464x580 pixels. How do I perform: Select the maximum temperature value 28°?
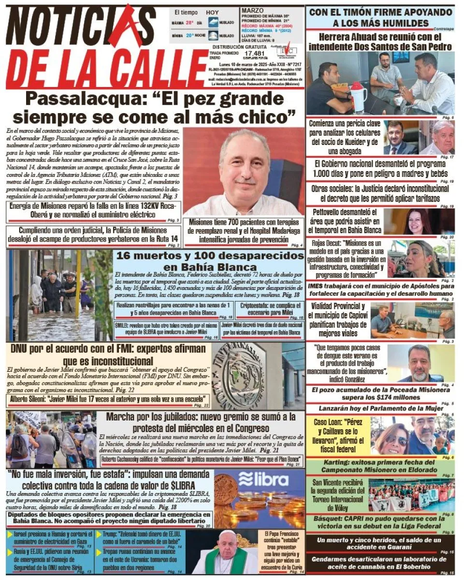[x=189, y=22]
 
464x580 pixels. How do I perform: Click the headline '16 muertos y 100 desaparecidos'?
[x=209, y=261]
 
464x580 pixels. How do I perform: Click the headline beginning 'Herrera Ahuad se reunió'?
[x=380, y=42]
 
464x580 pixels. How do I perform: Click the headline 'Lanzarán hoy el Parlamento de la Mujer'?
[x=380, y=408]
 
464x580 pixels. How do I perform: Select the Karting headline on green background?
[x=380, y=465]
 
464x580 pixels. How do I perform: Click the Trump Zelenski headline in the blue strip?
[x=137, y=538]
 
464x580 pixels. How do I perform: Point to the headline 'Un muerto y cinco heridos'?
[x=380, y=543]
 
